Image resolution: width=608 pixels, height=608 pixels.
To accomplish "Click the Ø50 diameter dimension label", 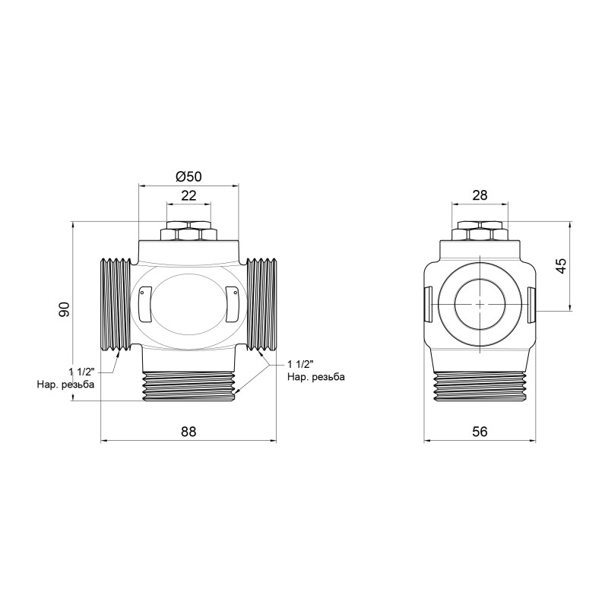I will [x=188, y=176].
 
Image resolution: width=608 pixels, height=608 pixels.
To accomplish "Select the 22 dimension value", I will [x=188, y=195].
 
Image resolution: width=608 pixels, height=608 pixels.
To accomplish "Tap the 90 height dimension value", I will [x=65, y=310].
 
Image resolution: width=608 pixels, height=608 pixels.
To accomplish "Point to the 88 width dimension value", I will [x=188, y=431].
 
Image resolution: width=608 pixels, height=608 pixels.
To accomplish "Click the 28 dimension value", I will [x=480, y=195].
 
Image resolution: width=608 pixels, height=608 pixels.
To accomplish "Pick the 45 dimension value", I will [x=561, y=266].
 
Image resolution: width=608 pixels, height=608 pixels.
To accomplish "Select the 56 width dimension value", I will [x=480, y=431].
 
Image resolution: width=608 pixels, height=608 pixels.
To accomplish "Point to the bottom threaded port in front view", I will [x=188, y=384].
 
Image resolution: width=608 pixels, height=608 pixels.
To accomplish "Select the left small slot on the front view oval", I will [x=146, y=301].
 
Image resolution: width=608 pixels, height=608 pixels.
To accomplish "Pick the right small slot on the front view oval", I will [x=232, y=301].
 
